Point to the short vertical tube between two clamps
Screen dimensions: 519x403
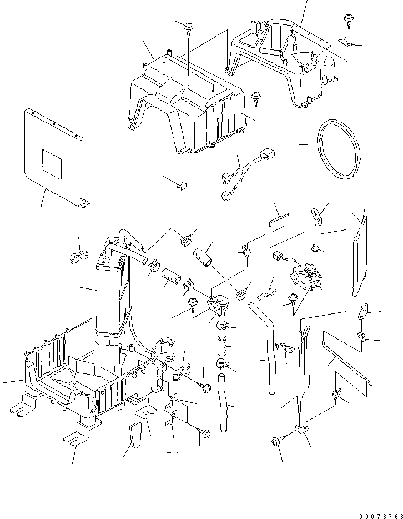222,346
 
